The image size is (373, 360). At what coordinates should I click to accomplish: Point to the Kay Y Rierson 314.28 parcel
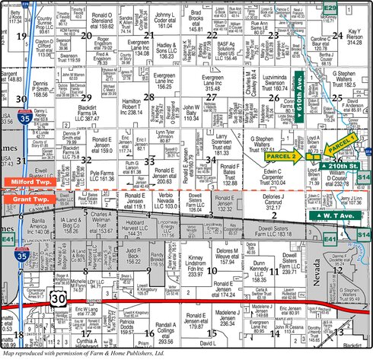coord(353,38)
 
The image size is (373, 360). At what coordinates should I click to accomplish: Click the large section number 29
coord(86,97)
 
